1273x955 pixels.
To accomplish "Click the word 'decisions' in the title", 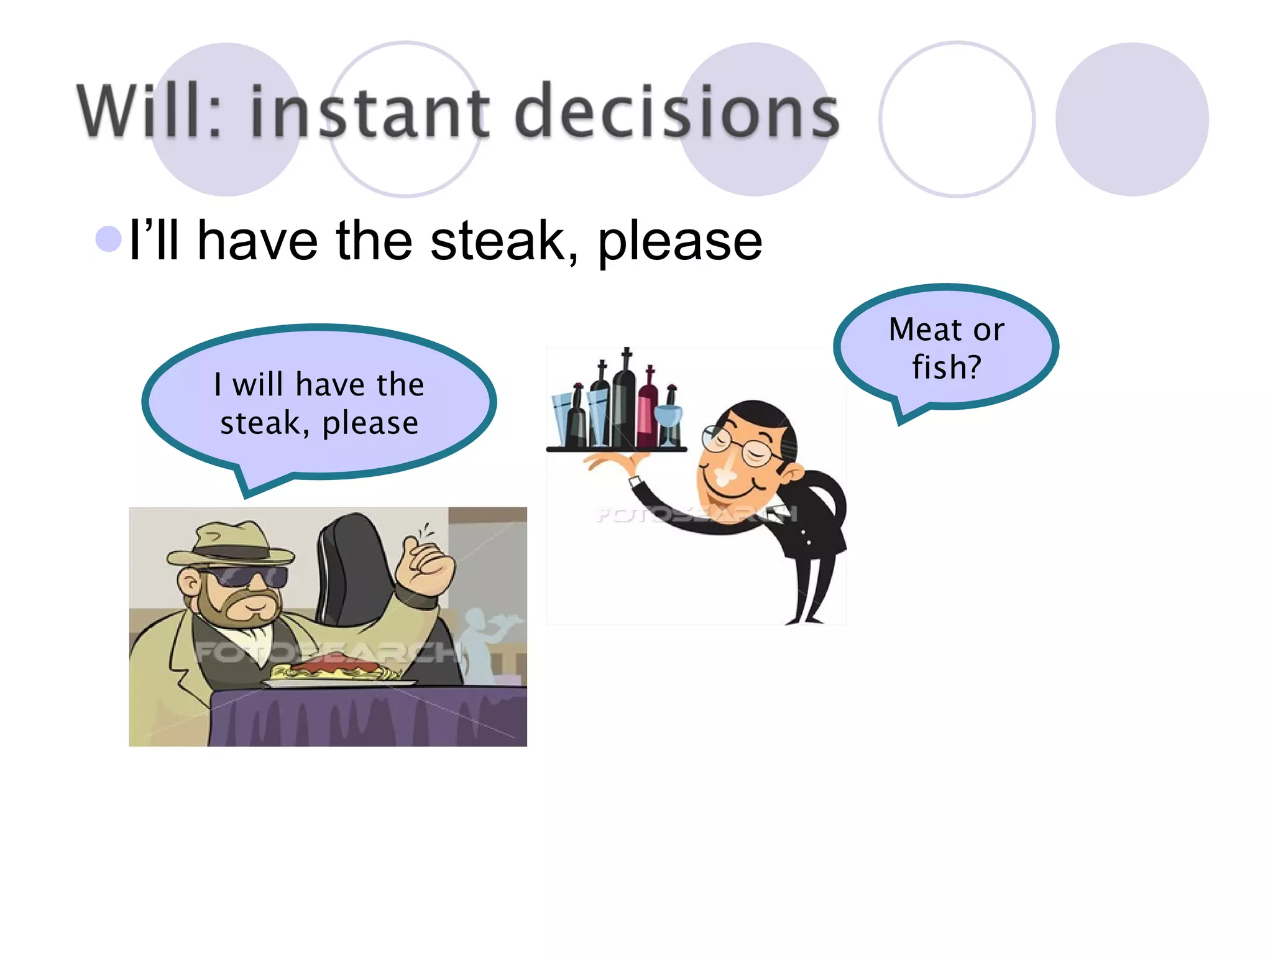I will click(676, 112).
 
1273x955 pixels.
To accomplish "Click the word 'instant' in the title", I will click(370, 112).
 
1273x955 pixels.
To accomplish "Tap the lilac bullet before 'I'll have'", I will click(109, 239).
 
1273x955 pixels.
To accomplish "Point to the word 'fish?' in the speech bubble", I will click(946, 367).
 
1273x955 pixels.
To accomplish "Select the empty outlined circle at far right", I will click(957, 119).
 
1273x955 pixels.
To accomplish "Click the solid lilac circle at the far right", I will click(1131, 119).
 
